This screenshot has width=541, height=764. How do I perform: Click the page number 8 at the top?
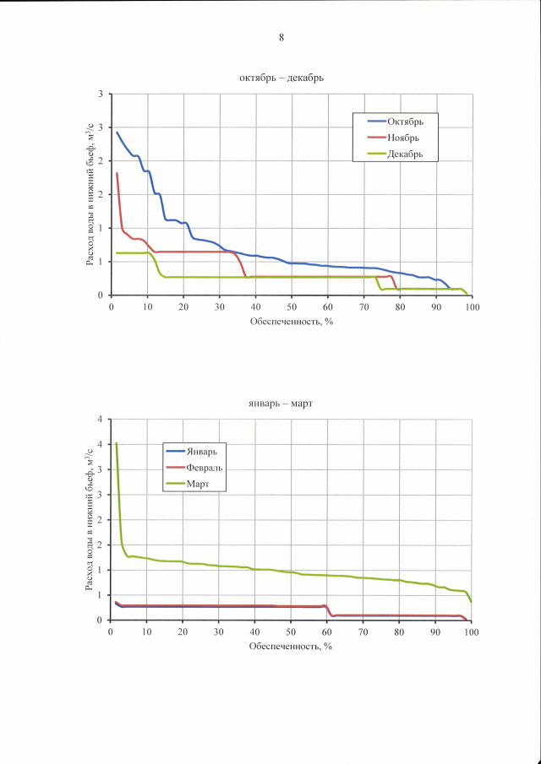(x=281, y=36)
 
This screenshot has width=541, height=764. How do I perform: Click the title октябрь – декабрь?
(x=281, y=78)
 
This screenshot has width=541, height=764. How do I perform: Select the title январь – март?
(x=281, y=404)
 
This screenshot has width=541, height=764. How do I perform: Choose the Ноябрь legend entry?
(x=402, y=138)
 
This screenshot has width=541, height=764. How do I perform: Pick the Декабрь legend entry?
(x=404, y=154)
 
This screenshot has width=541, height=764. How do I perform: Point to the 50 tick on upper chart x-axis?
(x=292, y=306)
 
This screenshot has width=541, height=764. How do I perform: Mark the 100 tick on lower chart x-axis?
(x=472, y=631)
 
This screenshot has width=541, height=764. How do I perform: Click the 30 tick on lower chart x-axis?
(x=219, y=631)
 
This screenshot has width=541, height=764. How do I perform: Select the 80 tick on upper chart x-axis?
(x=400, y=306)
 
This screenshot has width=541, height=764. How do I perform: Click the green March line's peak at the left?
(x=116, y=443)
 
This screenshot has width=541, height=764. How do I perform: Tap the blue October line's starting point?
(x=117, y=132)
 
